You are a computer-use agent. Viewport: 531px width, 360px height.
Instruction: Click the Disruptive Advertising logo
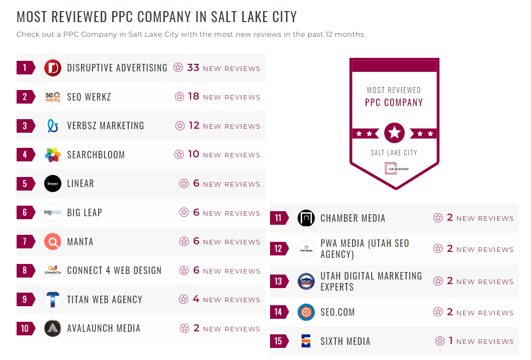[53, 68]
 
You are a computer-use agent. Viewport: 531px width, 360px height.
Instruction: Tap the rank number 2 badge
[25, 97]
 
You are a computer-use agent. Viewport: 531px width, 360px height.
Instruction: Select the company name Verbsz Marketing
[106, 126]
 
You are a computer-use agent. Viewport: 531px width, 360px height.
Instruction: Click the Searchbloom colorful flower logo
[53, 155]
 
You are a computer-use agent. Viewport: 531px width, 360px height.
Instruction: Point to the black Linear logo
[53, 184]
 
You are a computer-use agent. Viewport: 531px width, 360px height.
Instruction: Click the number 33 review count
[193, 68]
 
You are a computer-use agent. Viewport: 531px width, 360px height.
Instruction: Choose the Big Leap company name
[84, 213]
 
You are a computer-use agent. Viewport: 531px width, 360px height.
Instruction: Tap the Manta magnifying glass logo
[53, 242]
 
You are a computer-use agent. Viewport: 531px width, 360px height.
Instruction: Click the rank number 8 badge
[25, 271]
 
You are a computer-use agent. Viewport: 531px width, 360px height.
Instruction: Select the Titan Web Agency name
[105, 300]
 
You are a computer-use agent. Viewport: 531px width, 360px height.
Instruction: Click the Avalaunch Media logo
[53, 328]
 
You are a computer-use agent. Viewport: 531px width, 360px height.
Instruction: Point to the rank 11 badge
[279, 218]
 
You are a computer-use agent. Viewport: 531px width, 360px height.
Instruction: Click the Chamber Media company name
[353, 218]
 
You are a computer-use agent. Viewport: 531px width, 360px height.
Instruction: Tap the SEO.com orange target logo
[306, 312]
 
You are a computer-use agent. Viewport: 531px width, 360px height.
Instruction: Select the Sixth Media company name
[345, 341]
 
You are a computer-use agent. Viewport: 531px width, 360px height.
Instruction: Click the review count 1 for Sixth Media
[451, 341]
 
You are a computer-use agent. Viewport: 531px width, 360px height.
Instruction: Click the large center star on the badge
[394, 133]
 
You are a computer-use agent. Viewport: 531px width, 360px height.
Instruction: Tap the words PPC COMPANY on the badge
[394, 103]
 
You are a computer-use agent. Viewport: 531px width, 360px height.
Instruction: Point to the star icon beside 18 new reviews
[180, 97]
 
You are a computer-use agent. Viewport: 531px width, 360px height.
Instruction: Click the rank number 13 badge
[279, 281]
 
